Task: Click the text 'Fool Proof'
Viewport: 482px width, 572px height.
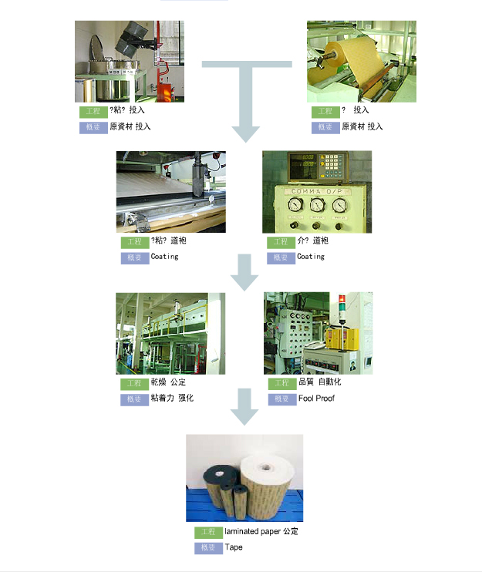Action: click(x=316, y=399)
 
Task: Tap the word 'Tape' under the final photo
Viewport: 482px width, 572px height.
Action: click(x=234, y=547)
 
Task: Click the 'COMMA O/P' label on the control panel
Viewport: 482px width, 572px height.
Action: click(x=317, y=191)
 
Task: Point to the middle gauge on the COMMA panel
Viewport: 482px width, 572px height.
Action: click(x=317, y=206)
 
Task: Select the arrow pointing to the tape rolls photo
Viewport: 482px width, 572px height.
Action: click(x=245, y=406)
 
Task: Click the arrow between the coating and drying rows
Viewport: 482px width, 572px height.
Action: click(x=245, y=272)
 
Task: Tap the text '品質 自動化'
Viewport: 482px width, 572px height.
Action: click(x=319, y=382)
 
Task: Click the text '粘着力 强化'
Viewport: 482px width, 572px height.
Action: click(x=172, y=399)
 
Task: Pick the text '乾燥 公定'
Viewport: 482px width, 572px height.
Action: click(x=168, y=382)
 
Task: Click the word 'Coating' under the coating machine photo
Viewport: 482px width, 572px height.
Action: click(x=164, y=257)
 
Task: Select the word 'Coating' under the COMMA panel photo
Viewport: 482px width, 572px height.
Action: click(x=311, y=257)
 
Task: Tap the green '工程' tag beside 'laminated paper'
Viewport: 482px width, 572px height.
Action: click(x=207, y=533)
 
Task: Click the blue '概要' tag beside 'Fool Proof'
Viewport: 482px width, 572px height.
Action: click(x=281, y=399)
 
